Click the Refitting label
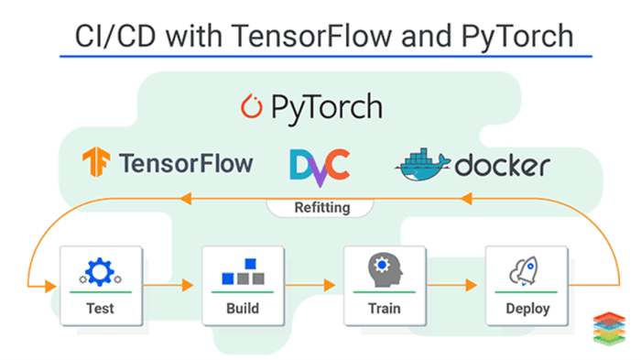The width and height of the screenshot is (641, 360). pos(320,207)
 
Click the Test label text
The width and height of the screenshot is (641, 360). pos(100,308)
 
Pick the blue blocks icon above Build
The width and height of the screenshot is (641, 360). pos(242,272)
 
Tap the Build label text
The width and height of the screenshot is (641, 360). pos(243,308)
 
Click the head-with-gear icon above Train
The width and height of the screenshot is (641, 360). pos(385,270)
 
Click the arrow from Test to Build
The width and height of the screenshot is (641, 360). pos(171,285)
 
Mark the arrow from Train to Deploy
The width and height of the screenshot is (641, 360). pos(456,285)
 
